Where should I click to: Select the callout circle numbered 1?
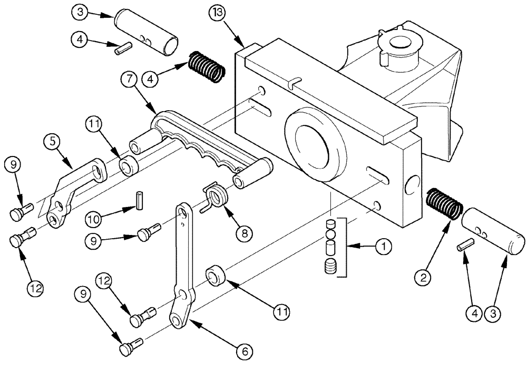[384, 246]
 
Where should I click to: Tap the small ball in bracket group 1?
[330, 233]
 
